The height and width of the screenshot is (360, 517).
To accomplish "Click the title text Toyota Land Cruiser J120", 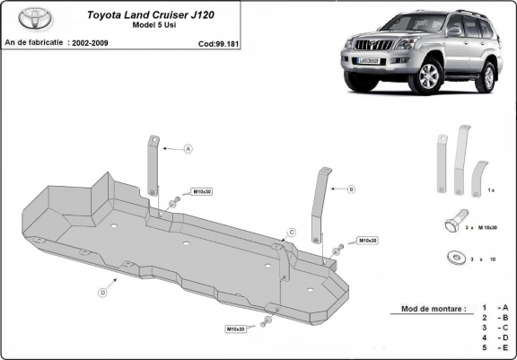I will pos(155,14).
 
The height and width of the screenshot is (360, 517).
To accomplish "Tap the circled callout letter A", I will pos(189,149).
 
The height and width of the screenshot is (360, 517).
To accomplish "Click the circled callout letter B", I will pos(351,189).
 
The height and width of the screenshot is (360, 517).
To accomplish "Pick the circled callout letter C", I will pos(291,233).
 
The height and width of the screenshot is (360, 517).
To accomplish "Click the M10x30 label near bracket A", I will pos(202,193).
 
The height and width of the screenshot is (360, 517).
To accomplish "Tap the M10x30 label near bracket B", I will pos(367,241).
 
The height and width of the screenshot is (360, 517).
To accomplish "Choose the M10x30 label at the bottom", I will pos(236,329).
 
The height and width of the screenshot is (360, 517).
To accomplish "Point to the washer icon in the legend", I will pos(451,258).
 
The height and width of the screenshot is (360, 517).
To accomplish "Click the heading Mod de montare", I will pos(429,309).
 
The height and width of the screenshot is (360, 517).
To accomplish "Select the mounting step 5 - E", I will pos(495,347).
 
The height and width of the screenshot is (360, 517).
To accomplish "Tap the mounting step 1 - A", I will pos(495,308).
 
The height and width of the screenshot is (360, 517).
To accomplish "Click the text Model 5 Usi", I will pos(154,27).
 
